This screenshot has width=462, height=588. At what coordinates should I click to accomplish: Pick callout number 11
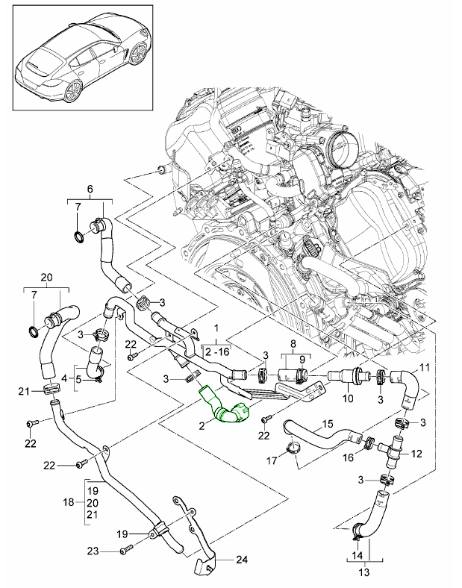click(425, 367)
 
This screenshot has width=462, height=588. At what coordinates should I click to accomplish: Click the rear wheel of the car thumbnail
click(73, 92)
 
